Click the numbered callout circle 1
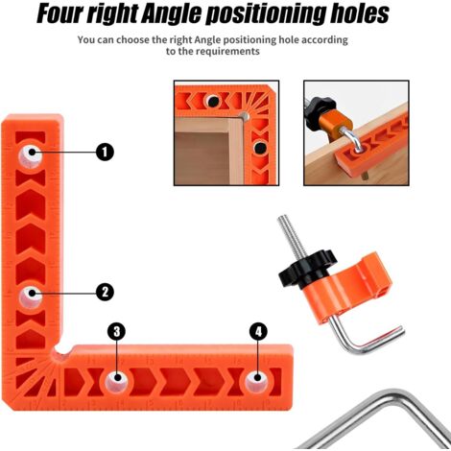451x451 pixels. (105, 152)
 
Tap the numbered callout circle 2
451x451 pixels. (105, 292)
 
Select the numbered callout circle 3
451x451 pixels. (116, 331)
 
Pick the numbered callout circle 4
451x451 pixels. (258, 331)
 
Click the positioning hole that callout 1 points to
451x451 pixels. (31, 156)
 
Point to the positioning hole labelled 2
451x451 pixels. (31, 297)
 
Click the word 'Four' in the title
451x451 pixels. (59, 14)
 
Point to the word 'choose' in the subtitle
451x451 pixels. (132, 40)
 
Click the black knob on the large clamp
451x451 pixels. (308, 269)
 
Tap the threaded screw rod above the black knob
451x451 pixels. (291, 236)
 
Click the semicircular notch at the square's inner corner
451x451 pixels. (62, 348)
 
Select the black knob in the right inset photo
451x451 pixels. (320, 110)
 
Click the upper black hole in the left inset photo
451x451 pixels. (213, 102)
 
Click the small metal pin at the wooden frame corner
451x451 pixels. (245, 116)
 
